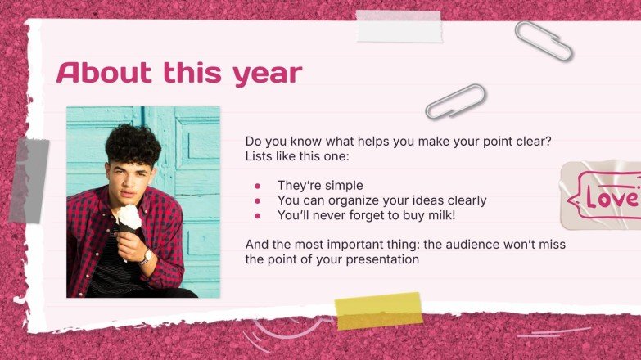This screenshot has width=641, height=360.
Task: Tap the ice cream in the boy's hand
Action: click(128, 216)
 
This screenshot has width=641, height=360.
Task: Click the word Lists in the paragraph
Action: click(260, 156)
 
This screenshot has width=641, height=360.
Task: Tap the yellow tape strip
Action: click(378, 311)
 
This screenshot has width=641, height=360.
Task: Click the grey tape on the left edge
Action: click(29, 180)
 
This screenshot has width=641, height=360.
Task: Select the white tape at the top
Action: click(399, 26)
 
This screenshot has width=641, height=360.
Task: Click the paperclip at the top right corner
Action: click(544, 41)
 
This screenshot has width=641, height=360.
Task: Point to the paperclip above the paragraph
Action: click(455, 101)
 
